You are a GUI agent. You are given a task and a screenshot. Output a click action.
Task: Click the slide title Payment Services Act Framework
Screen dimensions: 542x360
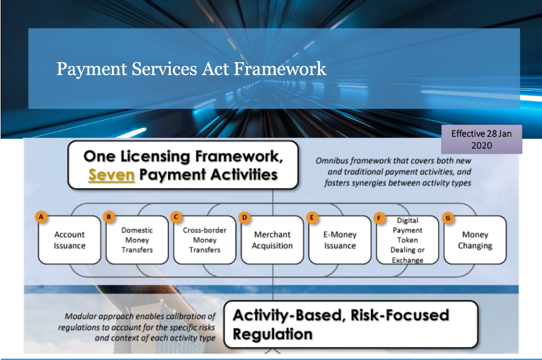click(191, 68)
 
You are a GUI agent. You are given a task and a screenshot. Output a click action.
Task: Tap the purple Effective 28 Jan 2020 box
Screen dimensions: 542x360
click(482, 139)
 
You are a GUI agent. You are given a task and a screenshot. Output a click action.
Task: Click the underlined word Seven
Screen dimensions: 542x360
click(111, 175)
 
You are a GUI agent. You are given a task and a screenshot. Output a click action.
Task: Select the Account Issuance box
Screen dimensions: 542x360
click(70, 240)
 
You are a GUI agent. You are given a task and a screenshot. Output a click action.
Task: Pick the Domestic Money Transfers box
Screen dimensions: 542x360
click(138, 240)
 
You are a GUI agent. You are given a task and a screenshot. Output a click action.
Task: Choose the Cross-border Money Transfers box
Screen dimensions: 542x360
click(205, 240)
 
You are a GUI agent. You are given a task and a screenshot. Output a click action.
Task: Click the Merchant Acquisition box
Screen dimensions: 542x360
click(273, 240)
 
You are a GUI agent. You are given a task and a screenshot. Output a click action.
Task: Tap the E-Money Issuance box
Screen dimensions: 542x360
click(340, 240)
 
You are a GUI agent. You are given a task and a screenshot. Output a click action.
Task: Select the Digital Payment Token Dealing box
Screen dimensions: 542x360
click(408, 240)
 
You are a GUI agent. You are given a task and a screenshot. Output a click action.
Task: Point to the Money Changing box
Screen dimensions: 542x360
click(475, 240)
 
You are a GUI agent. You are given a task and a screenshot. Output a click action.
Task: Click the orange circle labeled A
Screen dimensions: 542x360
click(41, 218)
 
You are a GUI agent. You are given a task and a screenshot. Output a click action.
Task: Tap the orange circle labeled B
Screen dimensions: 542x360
click(109, 218)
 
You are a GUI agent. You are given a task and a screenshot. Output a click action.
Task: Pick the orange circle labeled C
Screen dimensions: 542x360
click(176, 218)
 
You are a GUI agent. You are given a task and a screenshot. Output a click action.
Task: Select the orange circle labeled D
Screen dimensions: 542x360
click(245, 218)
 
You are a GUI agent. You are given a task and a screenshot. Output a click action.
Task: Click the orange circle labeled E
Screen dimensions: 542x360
click(312, 218)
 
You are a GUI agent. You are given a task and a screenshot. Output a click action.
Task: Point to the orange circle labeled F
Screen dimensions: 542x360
click(379, 218)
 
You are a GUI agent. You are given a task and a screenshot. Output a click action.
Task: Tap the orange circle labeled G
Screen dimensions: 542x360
click(448, 218)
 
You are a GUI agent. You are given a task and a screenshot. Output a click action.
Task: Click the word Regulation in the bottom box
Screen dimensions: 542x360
click(273, 335)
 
